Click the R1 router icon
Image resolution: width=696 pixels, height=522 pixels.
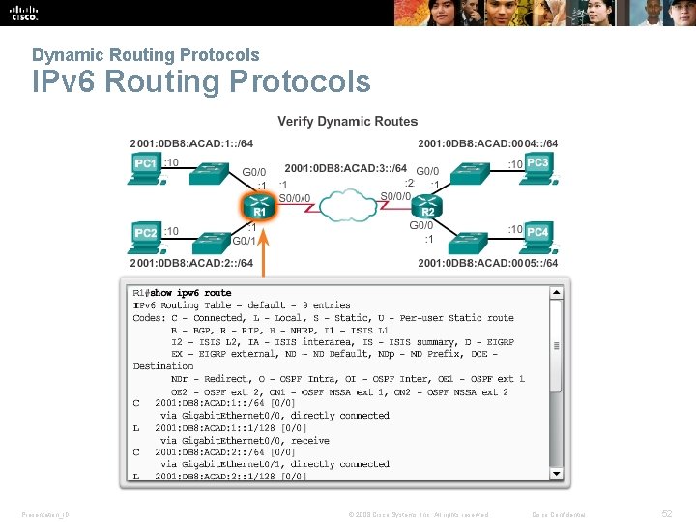click(258, 206)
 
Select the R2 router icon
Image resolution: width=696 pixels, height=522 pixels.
click(427, 206)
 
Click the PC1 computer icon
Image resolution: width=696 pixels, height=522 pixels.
click(146, 166)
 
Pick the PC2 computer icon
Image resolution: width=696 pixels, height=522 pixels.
click(146, 235)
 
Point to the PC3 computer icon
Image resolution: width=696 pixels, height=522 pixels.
click(537, 166)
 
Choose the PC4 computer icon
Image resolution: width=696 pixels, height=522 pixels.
click(537, 235)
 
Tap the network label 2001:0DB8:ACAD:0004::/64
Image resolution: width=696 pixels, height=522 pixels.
click(487, 144)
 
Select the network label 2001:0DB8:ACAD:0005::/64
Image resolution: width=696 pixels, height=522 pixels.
click(487, 263)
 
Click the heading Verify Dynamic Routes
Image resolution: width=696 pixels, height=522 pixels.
click(348, 122)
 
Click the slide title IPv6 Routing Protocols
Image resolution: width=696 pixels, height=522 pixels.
click(201, 82)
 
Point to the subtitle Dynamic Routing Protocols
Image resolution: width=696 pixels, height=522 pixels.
click(145, 55)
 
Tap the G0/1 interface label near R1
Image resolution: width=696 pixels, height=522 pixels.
click(245, 241)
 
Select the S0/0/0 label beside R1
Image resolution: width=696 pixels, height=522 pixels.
click(296, 198)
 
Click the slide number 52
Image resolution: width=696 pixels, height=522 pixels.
click(667, 514)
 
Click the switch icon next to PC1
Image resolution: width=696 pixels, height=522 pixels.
click(208, 172)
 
